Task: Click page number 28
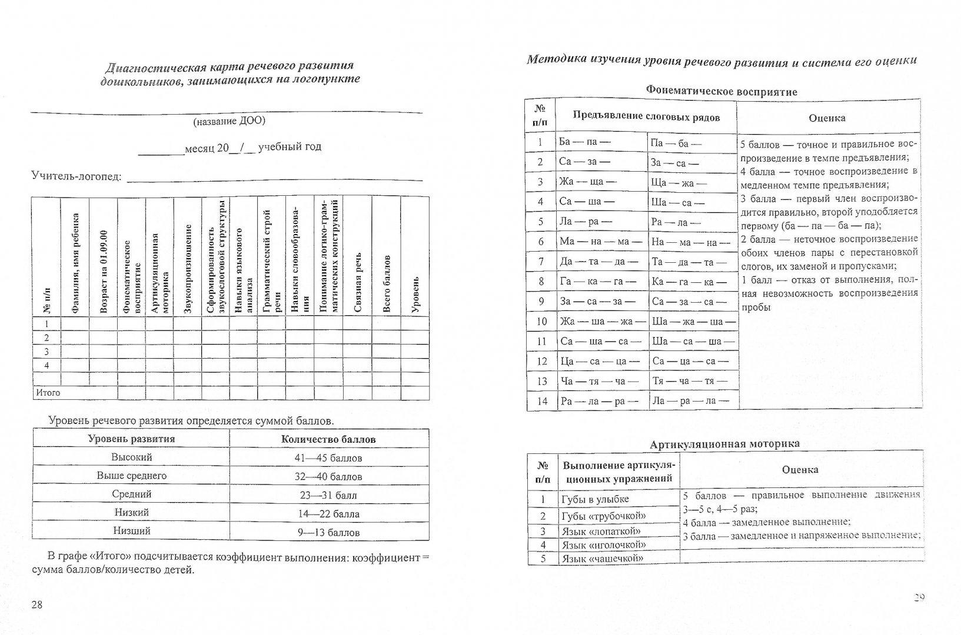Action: (x=37, y=606)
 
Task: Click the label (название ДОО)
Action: (x=229, y=121)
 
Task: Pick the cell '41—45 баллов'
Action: (x=328, y=457)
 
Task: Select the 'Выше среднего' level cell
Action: (x=132, y=476)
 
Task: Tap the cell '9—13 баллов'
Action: (x=328, y=533)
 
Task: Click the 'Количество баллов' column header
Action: (x=328, y=439)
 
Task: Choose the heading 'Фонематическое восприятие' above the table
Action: (x=721, y=91)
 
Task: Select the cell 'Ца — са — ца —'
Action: (x=600, y=362)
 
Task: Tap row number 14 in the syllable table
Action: (x=541, y=401)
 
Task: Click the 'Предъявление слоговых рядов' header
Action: (x=646, y=116)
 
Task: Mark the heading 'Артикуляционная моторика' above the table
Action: (x=724, y=444)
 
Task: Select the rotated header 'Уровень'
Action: (x=415, y=294)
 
